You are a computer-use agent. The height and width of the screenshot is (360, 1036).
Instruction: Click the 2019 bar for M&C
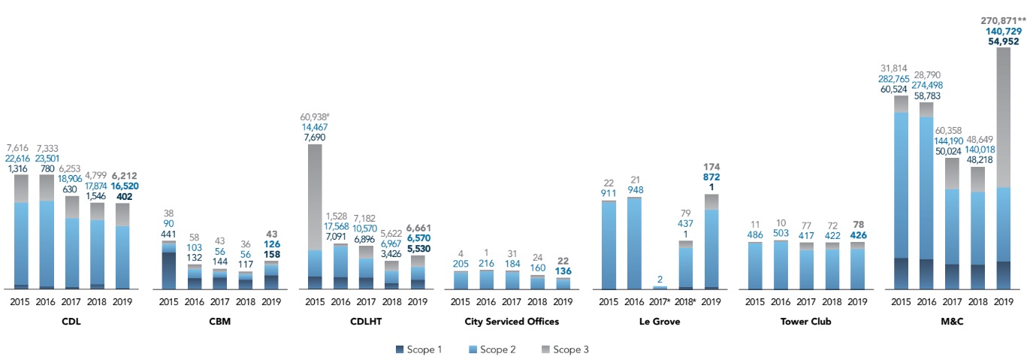[1003, 169]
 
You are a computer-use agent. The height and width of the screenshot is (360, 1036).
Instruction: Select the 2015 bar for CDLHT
[315, 218]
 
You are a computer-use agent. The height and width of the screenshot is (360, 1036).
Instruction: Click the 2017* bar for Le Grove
[660, 288]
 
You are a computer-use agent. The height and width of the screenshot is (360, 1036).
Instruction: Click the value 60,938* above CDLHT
[316, 116]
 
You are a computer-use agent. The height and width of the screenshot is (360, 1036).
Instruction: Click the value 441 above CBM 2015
[169, 234]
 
